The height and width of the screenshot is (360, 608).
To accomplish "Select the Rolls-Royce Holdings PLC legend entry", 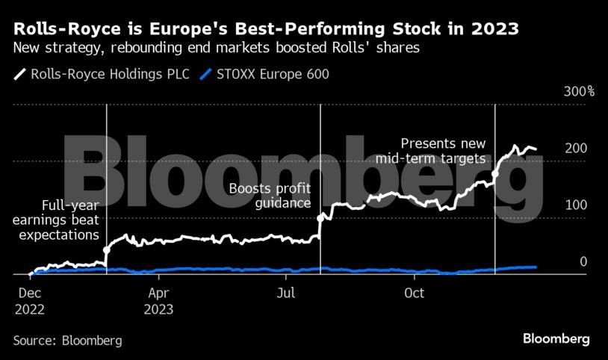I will point(103,74).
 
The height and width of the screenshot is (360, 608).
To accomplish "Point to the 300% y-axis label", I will point(578,92).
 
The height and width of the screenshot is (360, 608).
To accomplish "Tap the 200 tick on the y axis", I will point(576,149).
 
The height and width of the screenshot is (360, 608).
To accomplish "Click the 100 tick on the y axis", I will point(576,205).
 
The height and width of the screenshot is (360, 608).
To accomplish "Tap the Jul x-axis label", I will point(287,294).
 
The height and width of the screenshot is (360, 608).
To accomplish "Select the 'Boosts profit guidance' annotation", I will point(270,196).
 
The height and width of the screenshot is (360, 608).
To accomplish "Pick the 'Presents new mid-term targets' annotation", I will point(443,151).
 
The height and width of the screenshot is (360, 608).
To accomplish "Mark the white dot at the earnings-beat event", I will point(107,249).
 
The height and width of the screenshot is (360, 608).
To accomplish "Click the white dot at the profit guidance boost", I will point(320,218).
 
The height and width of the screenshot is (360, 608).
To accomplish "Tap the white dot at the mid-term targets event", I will point(495,174).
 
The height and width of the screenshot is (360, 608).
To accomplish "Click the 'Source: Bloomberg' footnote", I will point(67,341).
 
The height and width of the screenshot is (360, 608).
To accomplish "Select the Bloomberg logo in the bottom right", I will point(556,339).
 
